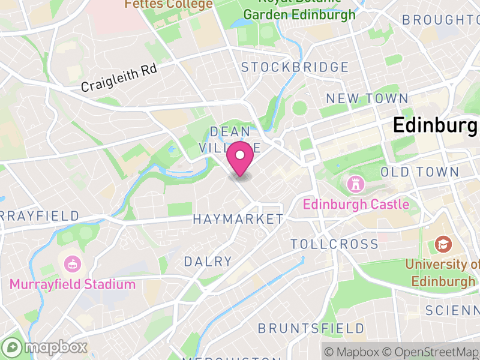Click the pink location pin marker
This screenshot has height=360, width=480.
pyautogui.click(x=241, y=158)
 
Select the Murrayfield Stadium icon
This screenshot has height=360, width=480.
pyautogui.click(x=73, y=263)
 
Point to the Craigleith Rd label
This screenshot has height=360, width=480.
pyautogui.click(x=119, y=78)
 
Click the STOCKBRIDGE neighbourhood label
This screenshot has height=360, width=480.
pyautogui.click(x=295, y=67)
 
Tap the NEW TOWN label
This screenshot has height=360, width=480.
pyautogui.click(x=367, y=98)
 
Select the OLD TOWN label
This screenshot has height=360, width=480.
pyautogui.click(x=420, y=172)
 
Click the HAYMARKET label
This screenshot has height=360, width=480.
pyautogui.click(x=238, y=220)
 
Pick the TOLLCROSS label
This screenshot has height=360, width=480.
pyautogui.click(x=335, y=244)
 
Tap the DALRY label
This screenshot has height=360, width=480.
pyautogui.click(x=208, y=262)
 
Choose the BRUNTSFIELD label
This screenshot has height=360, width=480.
pyautogui.click(x=311, y=329)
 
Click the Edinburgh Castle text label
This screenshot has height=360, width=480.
pyautogui.click(x=356, y=205)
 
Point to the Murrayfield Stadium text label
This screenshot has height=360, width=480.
pyautogui.click(x=73, y=284)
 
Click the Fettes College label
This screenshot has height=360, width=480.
pyautogui.click(x=169, y=4)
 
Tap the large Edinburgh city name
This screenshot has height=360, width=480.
pyautogui.click(x=436, y=125)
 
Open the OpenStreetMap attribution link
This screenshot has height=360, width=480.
pyautogui.click(x=431, y=351)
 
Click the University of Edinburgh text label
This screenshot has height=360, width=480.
pyautogui.click(x=443, y=272)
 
